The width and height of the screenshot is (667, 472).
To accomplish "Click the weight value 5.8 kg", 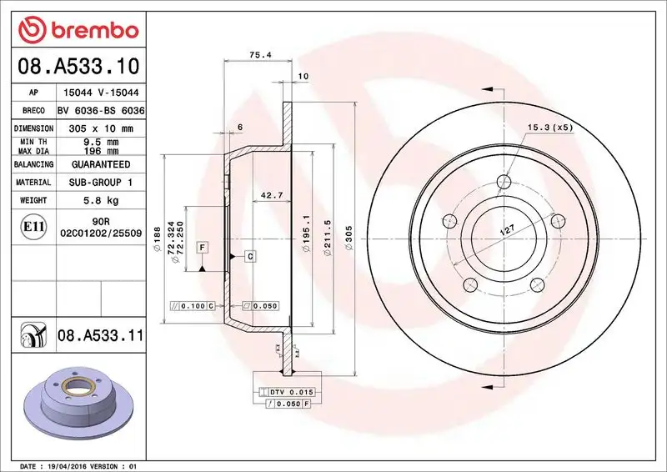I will [101, 200].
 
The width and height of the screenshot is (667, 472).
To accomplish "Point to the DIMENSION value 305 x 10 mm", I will [101, 128].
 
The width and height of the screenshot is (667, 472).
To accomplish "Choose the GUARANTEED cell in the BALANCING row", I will [101, 164].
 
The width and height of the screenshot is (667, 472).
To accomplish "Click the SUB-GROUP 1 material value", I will [101, 182].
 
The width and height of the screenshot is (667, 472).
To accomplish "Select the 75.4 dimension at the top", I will [259, 55].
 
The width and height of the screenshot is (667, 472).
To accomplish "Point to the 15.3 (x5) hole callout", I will [550, 127].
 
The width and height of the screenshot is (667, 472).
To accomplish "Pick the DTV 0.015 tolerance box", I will [287, 391].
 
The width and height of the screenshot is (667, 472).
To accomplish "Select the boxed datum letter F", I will [202, 247].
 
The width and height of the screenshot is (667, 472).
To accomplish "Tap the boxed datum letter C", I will [249, 256].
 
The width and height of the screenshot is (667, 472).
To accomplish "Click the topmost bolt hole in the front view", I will [504, 182].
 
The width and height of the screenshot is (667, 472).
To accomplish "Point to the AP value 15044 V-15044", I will [101, 93].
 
